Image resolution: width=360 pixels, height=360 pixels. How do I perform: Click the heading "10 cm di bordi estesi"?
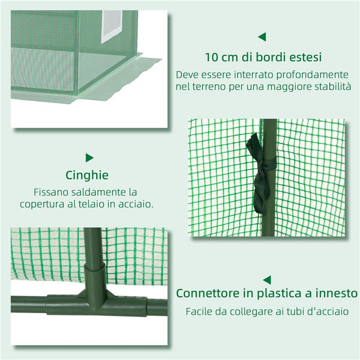263,56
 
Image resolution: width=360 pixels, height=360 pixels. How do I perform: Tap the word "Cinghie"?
87,175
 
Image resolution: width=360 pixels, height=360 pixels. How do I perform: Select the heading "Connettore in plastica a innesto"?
266,293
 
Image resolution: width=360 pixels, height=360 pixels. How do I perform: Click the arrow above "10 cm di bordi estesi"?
262,37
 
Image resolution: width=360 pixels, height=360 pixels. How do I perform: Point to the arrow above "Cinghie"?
89,157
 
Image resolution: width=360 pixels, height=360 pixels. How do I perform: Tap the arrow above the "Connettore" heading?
266,280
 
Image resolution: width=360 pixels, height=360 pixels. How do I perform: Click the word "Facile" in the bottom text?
200,311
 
